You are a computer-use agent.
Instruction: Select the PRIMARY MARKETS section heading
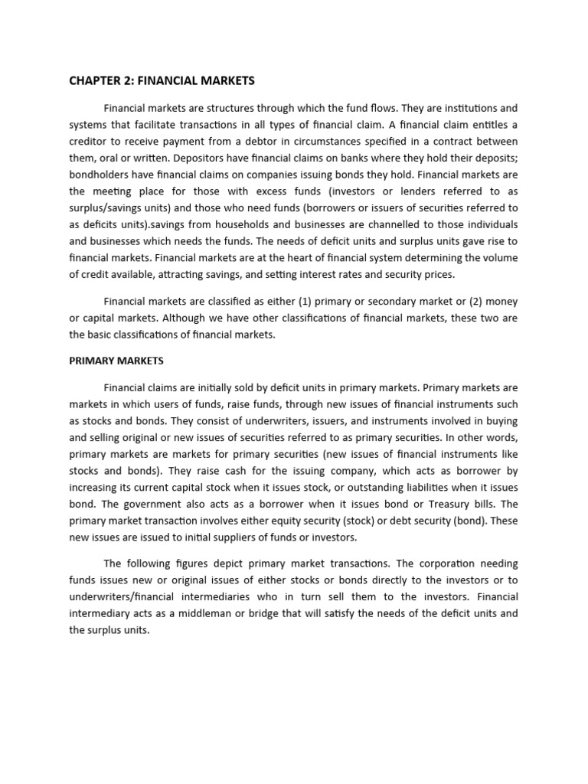(x=116, y=360)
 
